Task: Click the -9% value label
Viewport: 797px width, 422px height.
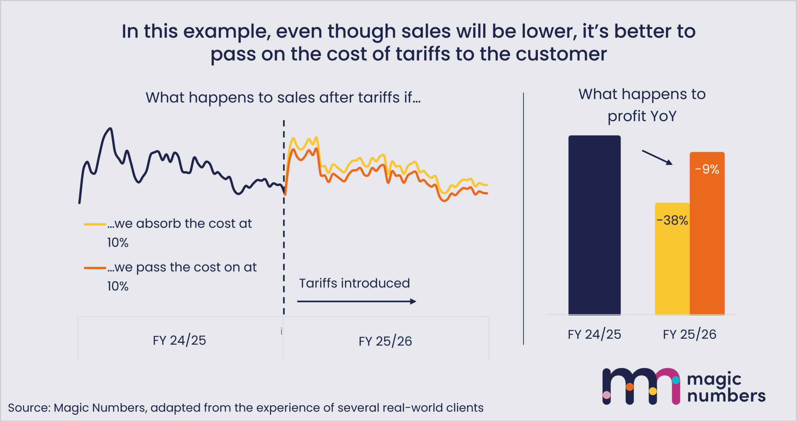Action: click(707, 169)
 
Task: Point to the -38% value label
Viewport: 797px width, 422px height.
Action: click(672, 220)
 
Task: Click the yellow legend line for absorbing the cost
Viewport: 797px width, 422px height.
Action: click(95, 224)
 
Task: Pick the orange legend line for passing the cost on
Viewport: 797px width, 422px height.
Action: click(95, 268)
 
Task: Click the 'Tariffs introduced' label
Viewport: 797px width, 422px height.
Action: click(354, 283)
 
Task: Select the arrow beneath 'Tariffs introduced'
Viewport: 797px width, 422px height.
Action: click(356, 301)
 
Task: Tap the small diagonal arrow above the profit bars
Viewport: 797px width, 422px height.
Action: click(657, 157)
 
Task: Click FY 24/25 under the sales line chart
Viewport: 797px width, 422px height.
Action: click(179, 341)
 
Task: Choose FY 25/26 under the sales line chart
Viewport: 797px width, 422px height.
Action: click(385, 341)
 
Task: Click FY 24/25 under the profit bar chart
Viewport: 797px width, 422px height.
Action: click(594, 334)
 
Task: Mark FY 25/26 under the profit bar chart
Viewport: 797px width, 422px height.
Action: click(690, 334)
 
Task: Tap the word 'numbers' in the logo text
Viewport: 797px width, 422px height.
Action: click(726, 396)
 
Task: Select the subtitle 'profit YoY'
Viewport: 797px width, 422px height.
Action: click(642, 116)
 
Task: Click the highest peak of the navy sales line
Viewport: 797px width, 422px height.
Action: click(110, 128)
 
